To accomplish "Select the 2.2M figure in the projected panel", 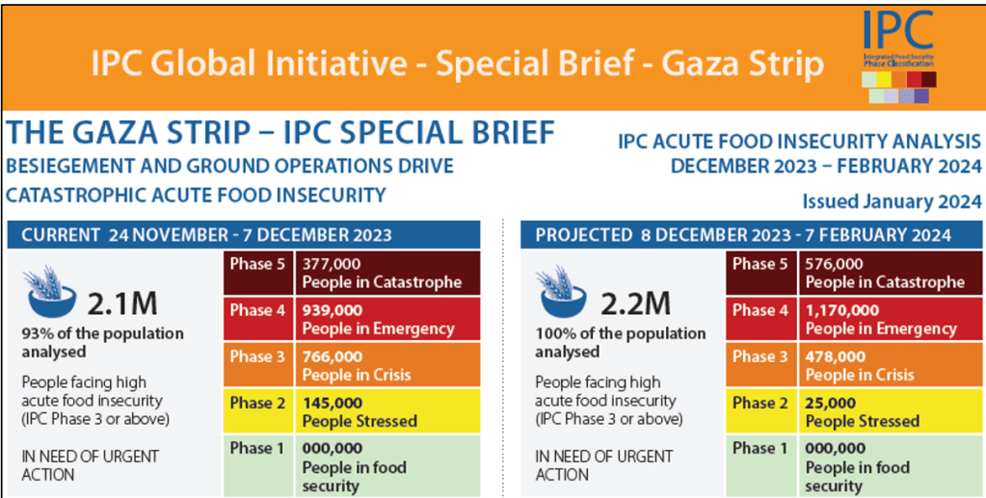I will coord(635,303).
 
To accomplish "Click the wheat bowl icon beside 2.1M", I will coord(51,293).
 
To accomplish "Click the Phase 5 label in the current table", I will coord(257,264).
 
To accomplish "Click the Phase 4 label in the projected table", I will coord(761,310).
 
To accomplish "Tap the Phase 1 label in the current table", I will coord(257,448).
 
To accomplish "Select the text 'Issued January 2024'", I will coord(892,201).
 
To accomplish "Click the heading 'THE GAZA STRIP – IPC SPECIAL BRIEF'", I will coord(280,132).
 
